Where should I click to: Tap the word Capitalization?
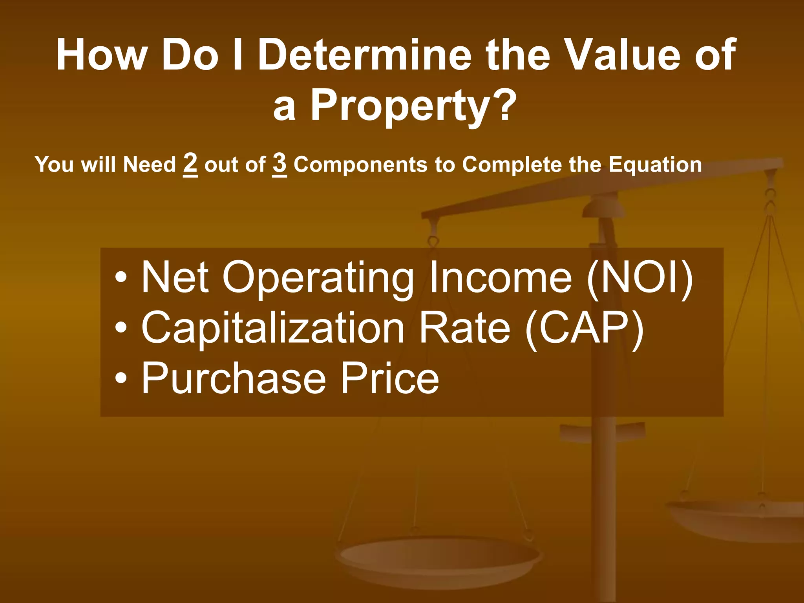pyautogui.click(x=273, y=329)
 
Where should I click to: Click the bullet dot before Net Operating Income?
pyautogui.click(x=121, y=278)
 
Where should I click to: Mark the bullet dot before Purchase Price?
pyautogui.click(x=121, y=378)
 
